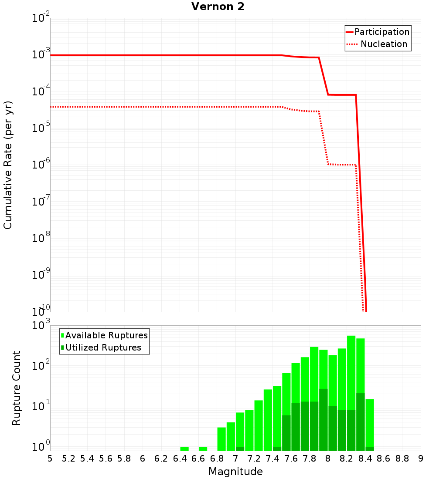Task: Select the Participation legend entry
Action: pos(381,32)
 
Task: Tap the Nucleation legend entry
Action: pos(383,44)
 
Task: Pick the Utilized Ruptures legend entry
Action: pos(103,347)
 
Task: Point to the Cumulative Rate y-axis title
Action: pos(8,165)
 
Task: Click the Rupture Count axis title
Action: pos(17,388)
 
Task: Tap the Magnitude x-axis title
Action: pos(235,472)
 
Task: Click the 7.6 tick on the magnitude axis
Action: pos(291,458)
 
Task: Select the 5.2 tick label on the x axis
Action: pos(68,458)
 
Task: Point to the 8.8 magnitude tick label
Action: pos(402,458)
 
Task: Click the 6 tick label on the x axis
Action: pos(143,458)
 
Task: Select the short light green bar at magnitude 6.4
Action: pos(184,449)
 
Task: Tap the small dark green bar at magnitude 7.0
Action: pos(240,449)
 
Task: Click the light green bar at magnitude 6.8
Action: pos(221,439)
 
